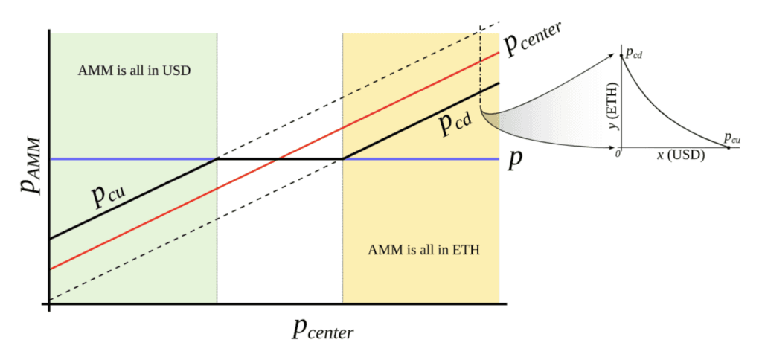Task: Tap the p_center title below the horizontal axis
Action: pos(321,327)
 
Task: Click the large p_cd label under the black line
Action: pos(454,123)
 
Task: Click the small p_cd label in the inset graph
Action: pos(635,54)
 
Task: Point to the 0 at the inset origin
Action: pos(617,153)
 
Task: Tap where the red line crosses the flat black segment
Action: pos(278,159)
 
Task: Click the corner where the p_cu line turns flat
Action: pos(217,159)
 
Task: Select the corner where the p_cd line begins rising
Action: pos(343,159)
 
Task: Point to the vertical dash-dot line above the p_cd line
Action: pos(481,60)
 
